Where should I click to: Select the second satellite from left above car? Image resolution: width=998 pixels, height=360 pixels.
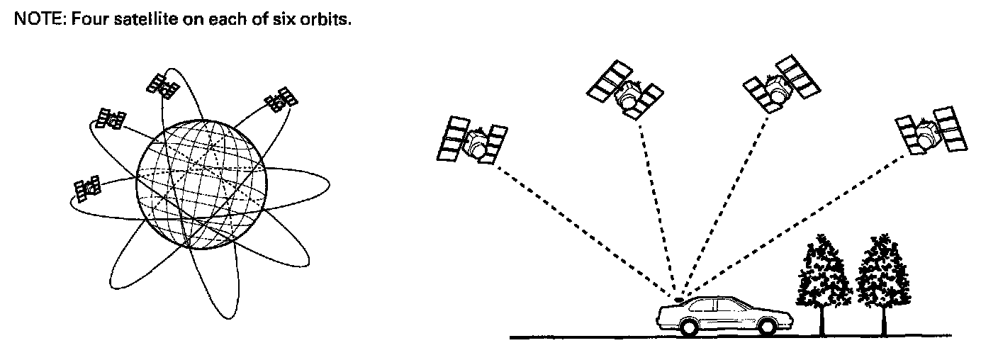pyautogui.click(x=625, y=92)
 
